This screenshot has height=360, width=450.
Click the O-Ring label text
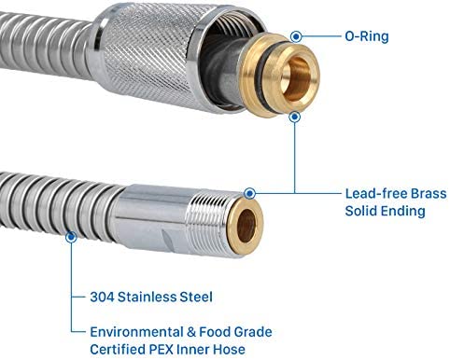(x=367, y=36)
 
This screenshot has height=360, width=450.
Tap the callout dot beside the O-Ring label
(x=296, y=36)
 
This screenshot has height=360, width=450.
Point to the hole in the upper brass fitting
(x=297, y=79)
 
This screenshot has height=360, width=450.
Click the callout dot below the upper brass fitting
(x=294, y=118)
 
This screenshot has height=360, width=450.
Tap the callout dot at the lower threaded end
(x=249, y=193)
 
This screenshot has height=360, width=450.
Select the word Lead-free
(x=376, y=194)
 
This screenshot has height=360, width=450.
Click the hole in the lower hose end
(x=246, y=225)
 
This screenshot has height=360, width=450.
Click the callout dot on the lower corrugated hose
(x=71, y=237)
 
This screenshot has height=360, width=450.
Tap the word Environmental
(x=136, y=332)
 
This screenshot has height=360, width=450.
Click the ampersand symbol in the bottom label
(x=191, y=332)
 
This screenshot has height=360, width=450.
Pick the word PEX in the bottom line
(x=161, y=350)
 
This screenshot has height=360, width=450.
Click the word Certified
(x=118, y=350)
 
